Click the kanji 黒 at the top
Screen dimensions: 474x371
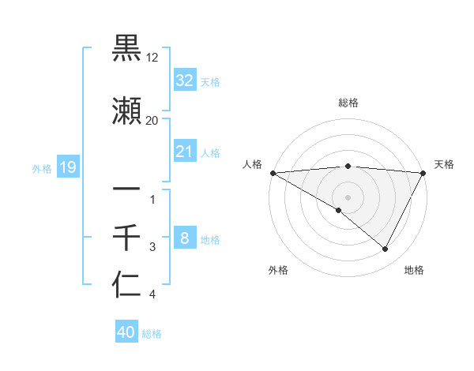coord(126,49)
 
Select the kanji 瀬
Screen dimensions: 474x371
coord(126,112)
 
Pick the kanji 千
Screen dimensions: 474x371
coord(126,237)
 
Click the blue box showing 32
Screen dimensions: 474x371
coord(184,81)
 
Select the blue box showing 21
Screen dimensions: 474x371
coord(184,152)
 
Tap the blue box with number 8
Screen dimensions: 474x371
coord(184,238)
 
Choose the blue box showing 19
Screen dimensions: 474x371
coord(67,167)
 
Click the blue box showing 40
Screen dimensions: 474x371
coord(126,332)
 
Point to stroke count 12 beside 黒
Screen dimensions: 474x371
coord(152,58)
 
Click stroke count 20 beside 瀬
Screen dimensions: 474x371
coord(152,121)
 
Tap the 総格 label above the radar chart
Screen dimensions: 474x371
coord(348,103)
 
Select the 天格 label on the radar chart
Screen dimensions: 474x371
coord(444,164)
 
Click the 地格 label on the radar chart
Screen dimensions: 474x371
coord(414,270)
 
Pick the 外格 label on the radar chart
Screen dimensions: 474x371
coord(278,270)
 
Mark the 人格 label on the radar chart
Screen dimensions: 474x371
coord(252,164)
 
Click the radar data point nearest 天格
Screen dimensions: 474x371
coord(423,173)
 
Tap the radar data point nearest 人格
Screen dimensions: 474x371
coord(273,173)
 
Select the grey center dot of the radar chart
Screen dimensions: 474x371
coord(348,197)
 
